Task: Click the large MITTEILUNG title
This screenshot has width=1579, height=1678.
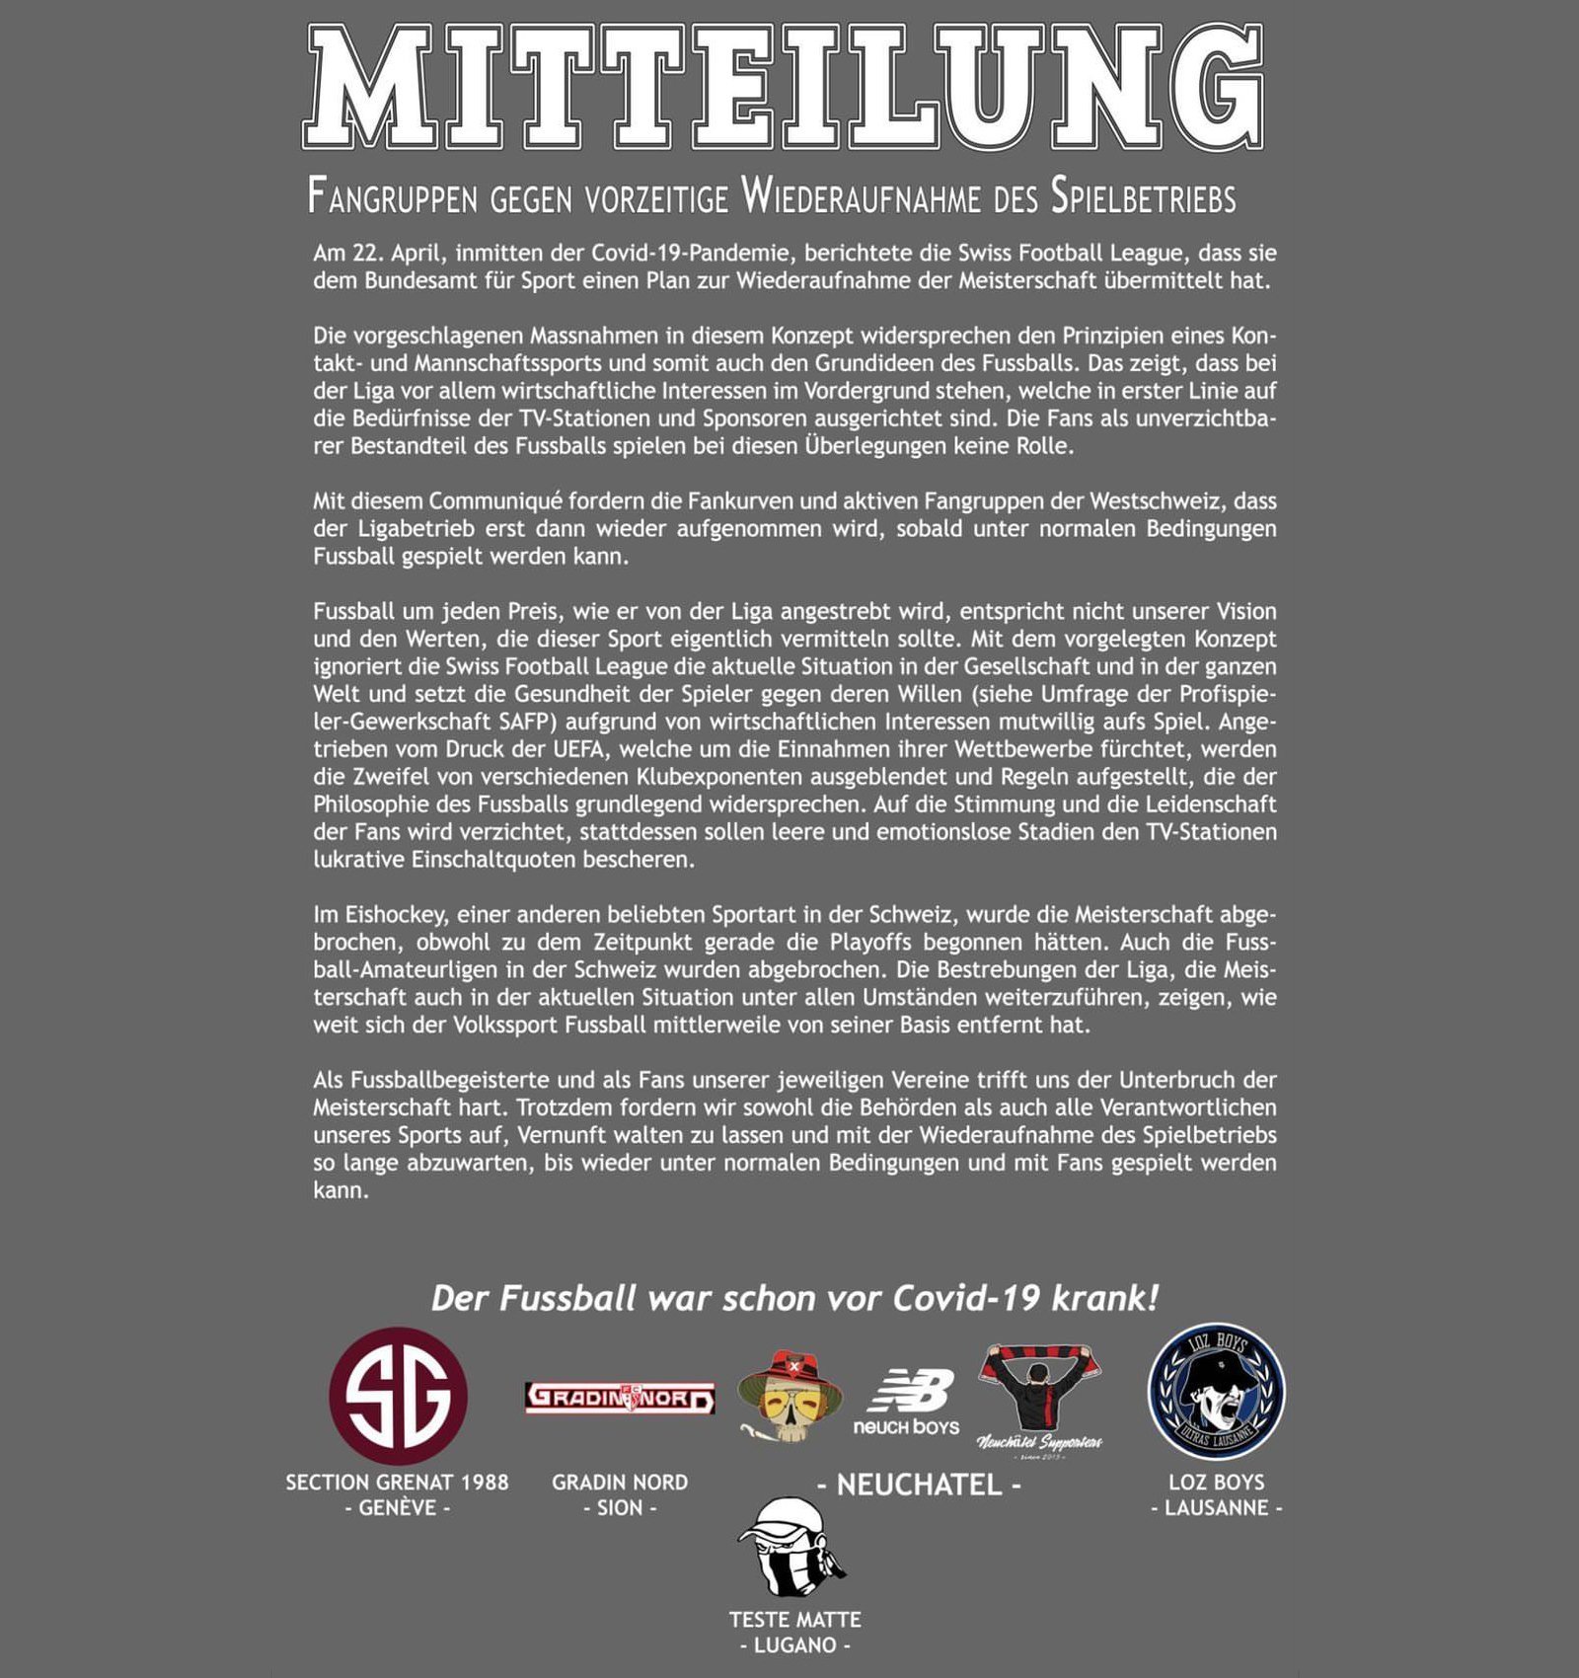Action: click(x=785, y=87)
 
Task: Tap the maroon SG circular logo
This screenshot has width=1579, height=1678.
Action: click(x=398, y=1396)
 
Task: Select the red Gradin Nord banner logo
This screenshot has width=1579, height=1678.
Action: click(x=620, y=1398)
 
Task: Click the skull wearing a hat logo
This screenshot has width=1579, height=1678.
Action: click(x=789, y=1395)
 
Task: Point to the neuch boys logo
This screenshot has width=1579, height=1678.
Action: click(x=907, y=1402)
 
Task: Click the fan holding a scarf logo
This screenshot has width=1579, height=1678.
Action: click(x=1039, y=1398)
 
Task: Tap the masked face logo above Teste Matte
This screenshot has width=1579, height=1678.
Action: click(x=793, y=1548)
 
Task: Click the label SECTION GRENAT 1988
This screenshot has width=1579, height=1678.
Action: click(x=398, y=1482)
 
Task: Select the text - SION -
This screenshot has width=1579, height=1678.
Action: click(x=620, y=1508)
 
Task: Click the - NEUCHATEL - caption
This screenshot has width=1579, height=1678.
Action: click(x=919, y=1485)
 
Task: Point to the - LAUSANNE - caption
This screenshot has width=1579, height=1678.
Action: click(x=1216, y=1508)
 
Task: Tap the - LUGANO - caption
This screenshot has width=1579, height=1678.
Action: click(x=794, y=1645)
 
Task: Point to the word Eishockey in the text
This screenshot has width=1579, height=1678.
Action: click(x=394, y=915)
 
